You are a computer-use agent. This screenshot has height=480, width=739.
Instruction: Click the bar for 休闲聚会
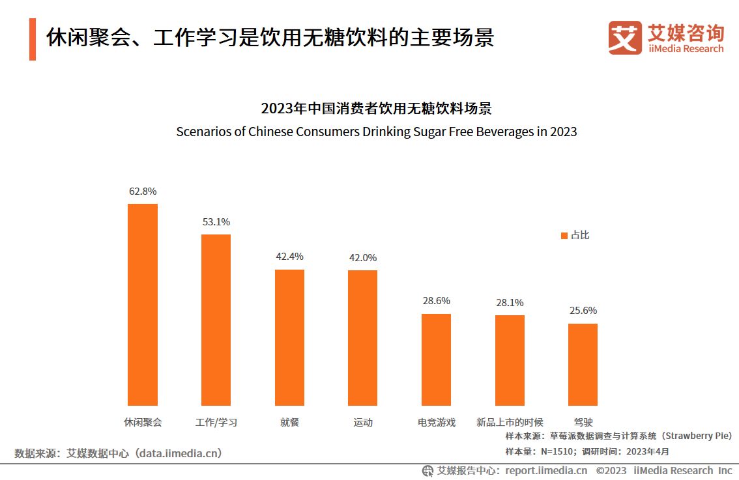click(142, 304)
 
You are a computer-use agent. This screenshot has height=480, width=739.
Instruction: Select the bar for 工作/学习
click(216, 320)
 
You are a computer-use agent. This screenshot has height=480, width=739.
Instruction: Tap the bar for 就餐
click(289, 337)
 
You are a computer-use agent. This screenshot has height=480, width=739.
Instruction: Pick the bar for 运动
click(362, 338)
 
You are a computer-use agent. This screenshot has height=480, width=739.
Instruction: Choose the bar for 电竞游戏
click(436, 360)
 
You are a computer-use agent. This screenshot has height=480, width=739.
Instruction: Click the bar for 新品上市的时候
click(510, 360)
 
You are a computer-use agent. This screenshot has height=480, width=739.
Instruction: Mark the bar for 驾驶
click(583, 364)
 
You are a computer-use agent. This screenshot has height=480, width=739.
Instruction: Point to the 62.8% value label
click(143, 191)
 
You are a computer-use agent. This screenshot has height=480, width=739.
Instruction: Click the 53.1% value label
click(216, 222)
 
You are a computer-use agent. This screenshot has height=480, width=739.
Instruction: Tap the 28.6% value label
click(436, 301)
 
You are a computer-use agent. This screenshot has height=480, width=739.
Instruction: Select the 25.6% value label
click(583, 311)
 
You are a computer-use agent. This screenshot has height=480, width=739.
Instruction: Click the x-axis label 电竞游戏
click(437, 422)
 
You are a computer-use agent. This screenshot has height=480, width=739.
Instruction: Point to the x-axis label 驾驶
click(583, 422)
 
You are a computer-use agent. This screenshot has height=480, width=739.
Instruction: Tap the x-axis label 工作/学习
click(216, 422)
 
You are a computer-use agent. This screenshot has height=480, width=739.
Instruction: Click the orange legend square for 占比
click(564, 235)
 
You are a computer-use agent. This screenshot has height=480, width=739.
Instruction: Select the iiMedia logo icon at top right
click(625, 38)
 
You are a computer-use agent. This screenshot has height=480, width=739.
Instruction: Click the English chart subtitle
click(377, 132)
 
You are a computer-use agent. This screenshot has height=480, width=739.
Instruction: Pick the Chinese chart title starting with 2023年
click(376, 108)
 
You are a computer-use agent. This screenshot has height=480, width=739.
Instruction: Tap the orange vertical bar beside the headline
click(33, 39)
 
